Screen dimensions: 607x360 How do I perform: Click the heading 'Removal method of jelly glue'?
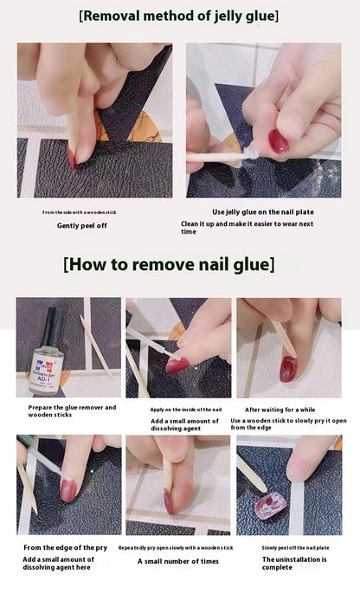point(179,16)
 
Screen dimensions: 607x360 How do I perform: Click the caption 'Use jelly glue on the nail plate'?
point(262,211)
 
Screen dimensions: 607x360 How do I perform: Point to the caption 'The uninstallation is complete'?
point(294,565)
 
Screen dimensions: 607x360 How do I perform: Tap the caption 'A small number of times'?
point(177,561)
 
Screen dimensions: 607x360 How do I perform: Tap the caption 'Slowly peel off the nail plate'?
point(294,547)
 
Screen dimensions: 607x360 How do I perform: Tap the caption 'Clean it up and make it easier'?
point(247,227)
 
